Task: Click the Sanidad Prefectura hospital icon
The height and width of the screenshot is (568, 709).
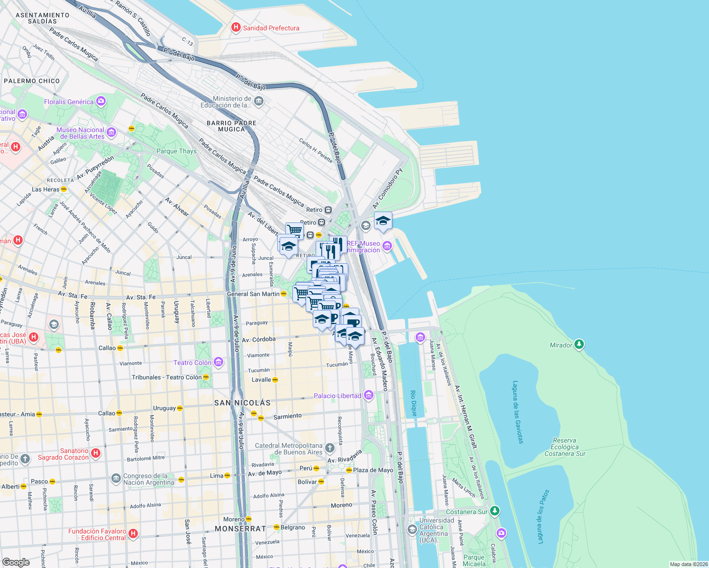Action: [236, 28]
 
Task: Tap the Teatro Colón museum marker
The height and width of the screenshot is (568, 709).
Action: [218, 363]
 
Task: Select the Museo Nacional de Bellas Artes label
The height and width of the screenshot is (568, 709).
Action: [80, 133]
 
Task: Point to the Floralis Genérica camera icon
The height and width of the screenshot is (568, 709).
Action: [100, 101]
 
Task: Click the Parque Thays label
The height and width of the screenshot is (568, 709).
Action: [176, 151]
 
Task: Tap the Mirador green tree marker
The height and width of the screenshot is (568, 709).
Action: [579, 345]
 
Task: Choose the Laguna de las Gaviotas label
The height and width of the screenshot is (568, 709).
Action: [518, 412]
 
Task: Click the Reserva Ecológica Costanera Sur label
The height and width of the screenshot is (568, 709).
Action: [564, 447]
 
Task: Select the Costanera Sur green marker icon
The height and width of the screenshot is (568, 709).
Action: [494, 511]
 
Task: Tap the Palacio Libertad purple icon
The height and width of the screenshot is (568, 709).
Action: [369, 395]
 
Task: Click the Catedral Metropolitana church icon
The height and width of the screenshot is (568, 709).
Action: [330, 448]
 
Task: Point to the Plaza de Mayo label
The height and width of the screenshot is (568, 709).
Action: [373, 470]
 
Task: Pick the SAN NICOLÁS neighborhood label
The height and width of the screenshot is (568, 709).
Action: [242, 403]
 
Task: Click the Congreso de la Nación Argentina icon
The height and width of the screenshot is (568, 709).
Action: [116, 479]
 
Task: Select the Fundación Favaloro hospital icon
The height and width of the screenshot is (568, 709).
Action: [133, 534]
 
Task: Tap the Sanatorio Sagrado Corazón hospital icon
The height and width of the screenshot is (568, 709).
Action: [96, 453]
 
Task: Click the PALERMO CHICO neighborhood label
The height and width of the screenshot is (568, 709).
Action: [32, 81]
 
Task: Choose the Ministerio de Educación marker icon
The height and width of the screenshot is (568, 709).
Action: [259, 101]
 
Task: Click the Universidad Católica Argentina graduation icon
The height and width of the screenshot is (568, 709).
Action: [412, 529]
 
